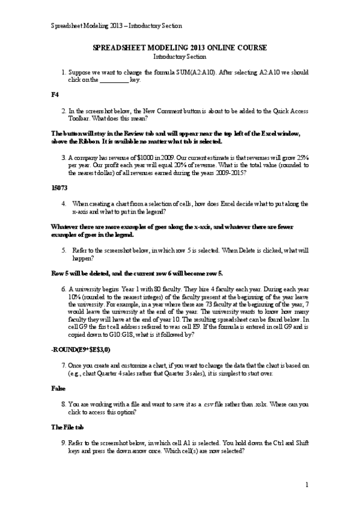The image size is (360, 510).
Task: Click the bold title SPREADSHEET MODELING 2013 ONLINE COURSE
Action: click(180, 47)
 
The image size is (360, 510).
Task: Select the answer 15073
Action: click(59, 187)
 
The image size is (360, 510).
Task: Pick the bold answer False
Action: click(58, 389)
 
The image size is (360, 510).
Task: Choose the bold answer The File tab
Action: click(69, 428)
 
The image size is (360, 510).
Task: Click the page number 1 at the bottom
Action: click(307, 485)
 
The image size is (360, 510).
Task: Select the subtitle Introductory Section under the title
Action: click(180, 56)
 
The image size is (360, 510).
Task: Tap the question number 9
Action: click(64, 443)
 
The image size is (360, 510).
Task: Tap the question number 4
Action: click(64, 204)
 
